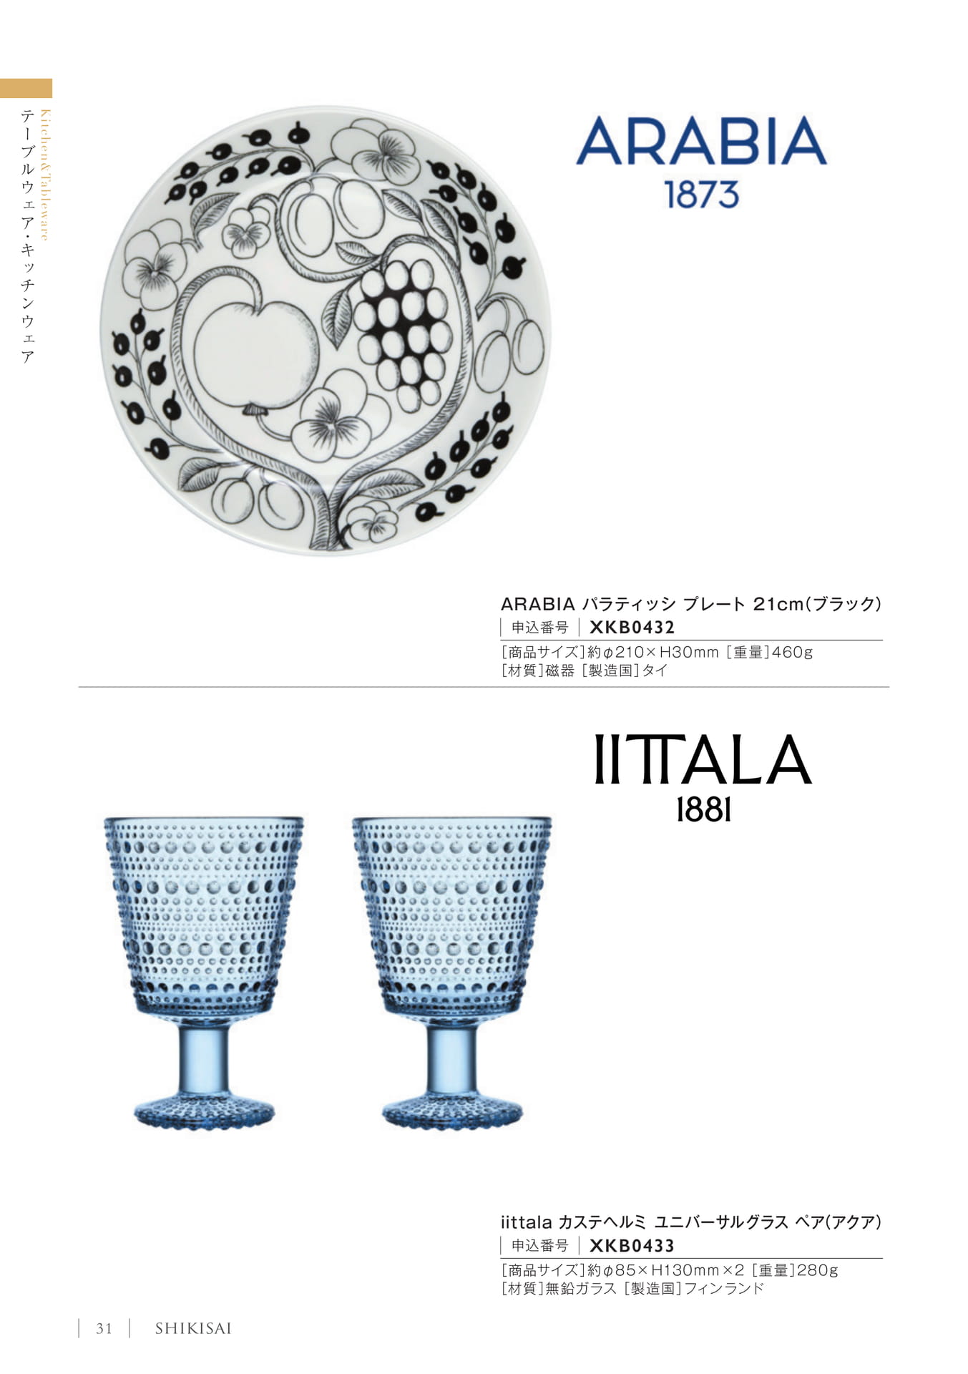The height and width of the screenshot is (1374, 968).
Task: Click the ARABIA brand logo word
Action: [701, 141]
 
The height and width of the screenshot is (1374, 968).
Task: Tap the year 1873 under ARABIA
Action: [702, 195]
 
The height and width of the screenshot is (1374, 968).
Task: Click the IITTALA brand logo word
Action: [703, 759]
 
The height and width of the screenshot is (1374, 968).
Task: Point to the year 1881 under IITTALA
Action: [704, 810]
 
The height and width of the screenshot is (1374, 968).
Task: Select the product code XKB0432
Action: [632, 628]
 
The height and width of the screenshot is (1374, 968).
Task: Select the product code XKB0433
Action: [632, 1246]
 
